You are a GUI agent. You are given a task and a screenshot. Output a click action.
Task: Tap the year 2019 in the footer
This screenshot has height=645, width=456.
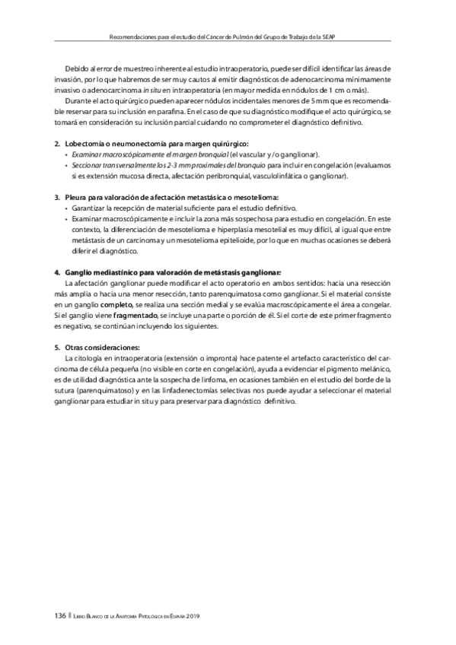tap(198, 615)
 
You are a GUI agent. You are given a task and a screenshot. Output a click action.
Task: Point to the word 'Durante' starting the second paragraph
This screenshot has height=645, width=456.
tap(80, 101)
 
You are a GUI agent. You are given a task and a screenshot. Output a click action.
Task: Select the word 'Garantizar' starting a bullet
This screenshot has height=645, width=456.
tap(93, 208)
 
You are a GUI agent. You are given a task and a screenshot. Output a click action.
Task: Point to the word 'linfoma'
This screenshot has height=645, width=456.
tap(247, 380)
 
